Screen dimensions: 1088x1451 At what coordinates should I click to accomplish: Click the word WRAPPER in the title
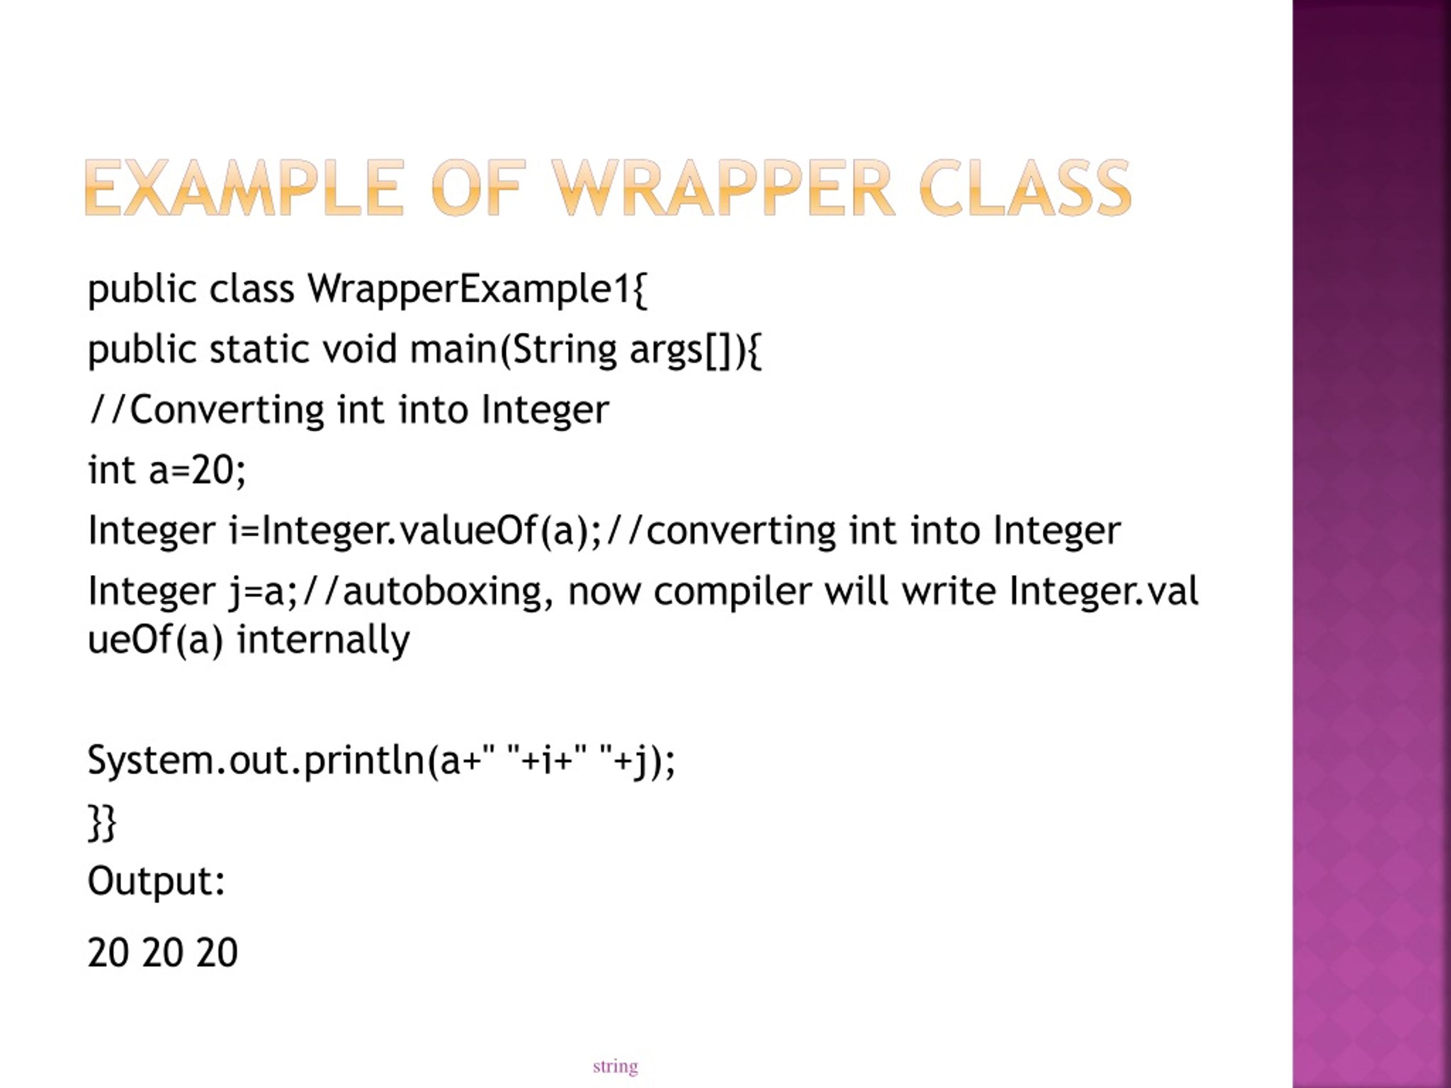[x=722, y=189]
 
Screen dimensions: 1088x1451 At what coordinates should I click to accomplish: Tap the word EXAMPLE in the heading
[x=243, y=189]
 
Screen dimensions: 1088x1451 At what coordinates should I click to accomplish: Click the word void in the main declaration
[x=359, y=350]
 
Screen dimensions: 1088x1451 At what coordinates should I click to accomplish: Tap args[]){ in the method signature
[x=695, y=350]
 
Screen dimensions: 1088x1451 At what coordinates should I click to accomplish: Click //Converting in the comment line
[x=207, y=410]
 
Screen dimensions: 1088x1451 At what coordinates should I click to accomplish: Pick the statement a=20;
[x=197, y=470]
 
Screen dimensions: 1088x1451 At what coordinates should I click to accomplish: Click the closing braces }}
[x=101, y=822]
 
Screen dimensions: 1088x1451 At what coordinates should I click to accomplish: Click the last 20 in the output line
[x=217, y=953]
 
